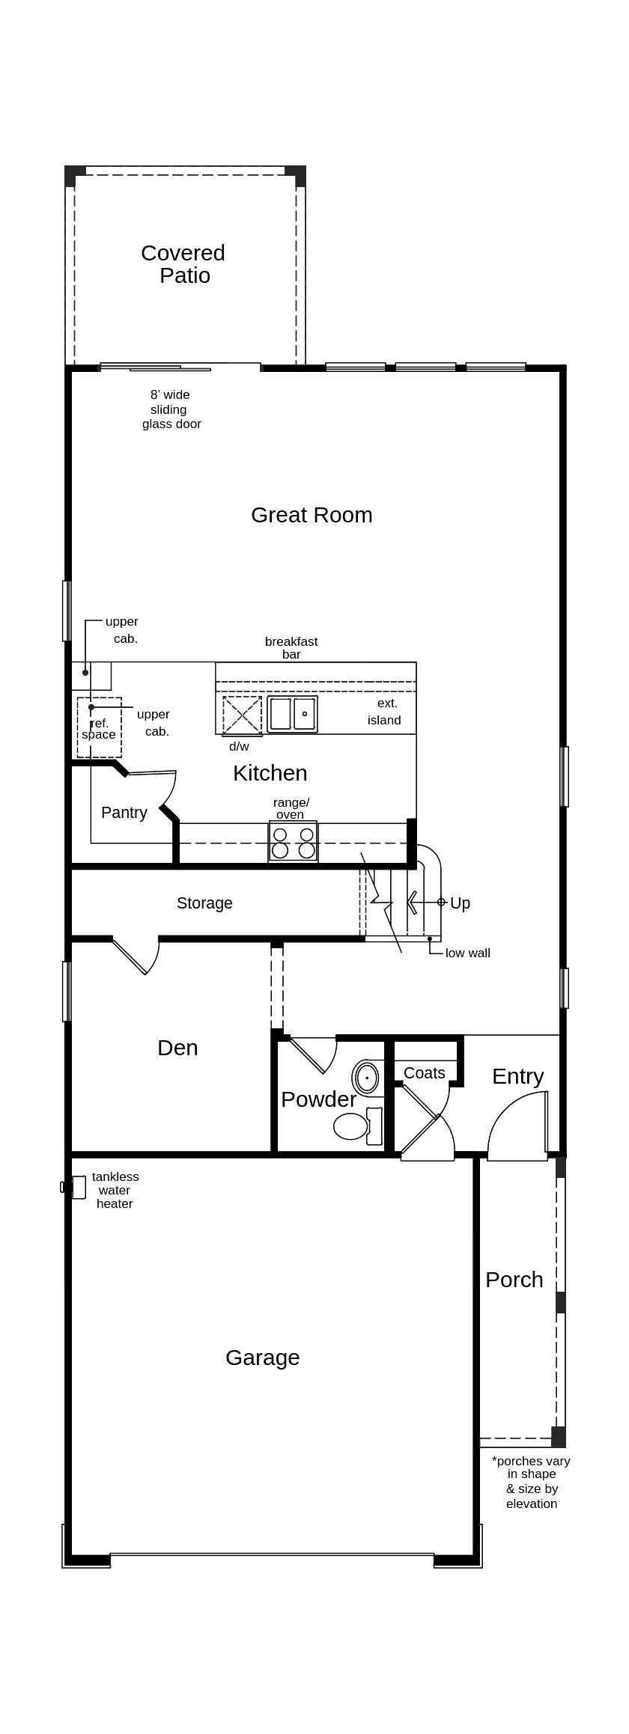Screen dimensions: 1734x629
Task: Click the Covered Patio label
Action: coord(183,264)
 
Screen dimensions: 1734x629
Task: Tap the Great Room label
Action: coord(312,515)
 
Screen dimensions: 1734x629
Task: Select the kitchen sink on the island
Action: coord(292,714)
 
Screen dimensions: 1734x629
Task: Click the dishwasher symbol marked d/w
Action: coord(242,715)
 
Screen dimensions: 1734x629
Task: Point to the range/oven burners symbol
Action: coord(294,842)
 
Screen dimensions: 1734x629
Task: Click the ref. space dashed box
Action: coord(99,727)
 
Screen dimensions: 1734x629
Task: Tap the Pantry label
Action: coord(124,813)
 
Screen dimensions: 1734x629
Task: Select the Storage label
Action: coord(204,903)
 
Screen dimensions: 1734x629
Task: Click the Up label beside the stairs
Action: coord(460,903)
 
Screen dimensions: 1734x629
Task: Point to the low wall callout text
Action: coord(467,953)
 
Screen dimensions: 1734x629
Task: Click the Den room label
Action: coord(177,1048)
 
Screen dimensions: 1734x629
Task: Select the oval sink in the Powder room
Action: coord(367,1078)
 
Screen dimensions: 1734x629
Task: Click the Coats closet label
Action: coord(425,1073)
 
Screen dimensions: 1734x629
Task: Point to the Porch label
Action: coord(514,1280)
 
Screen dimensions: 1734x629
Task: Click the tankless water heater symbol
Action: coord(76,1187)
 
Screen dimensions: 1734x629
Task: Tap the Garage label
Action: coord(262,1358)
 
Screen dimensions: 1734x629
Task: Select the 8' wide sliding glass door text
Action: coord(171,409)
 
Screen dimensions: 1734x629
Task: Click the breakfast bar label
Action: coord(291,647)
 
